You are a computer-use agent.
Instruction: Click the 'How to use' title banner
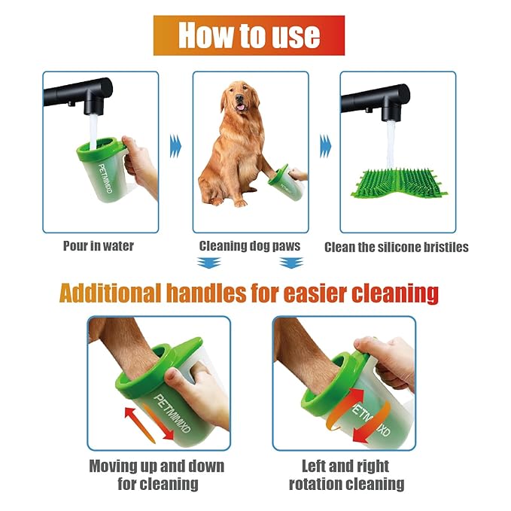249,35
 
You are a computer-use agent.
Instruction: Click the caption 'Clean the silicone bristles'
397,247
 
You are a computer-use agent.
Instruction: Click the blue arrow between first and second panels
175,142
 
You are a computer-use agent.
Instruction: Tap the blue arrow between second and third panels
324,142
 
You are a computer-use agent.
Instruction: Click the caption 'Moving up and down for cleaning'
157,474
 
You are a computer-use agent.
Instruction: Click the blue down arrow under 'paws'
290,262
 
